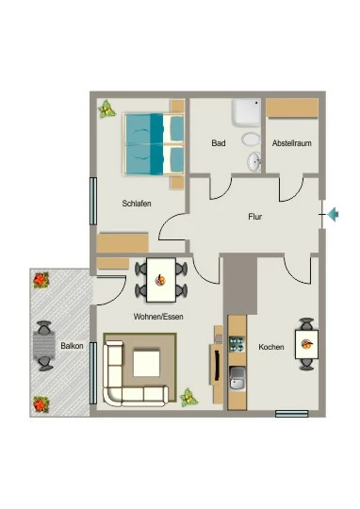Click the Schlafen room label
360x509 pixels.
click(x=137, y=204)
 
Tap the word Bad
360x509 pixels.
click(x=219, y=143)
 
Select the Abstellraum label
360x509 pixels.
click(x=292, y=143)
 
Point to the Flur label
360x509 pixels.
click(x=254, y=217)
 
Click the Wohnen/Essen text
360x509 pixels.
click(x=158, y=317)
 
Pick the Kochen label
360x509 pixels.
click(x=271, y=347)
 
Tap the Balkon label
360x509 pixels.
click(x=72, y=346)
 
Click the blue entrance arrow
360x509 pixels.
click(x=333, y=215)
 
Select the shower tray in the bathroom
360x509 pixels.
click(x=246, y=113)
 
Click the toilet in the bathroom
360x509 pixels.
click(x=251, y=140)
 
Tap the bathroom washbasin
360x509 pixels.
click(x=254, y=161)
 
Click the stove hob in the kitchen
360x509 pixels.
click(x=237, y=344)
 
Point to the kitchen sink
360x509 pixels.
click(x=237, y=378)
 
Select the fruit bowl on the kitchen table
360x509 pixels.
click(x=307, y=344)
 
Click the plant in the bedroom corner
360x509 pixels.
click(x=106, y=109)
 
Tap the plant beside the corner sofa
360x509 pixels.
click(x=189, y=398)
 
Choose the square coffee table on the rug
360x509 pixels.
click(x=147, y=364)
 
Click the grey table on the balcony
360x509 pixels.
click(x=44, y=345)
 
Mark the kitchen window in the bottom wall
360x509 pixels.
click(x=292, y=414)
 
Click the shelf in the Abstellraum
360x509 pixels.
click(x=292, y=107)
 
